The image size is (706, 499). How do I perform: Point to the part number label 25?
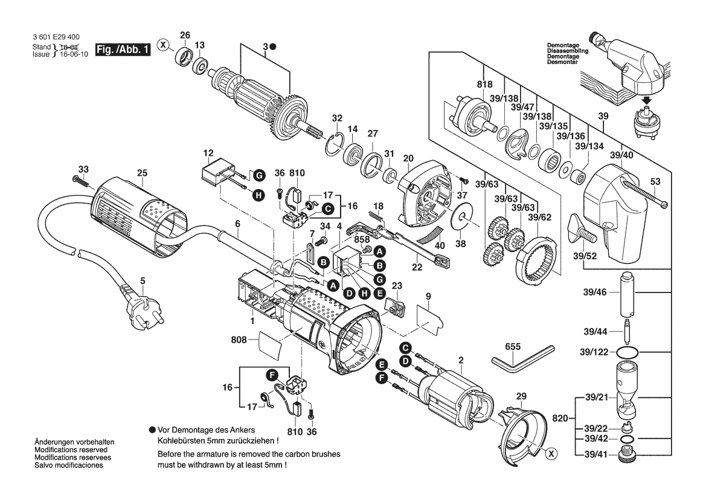(142, 173)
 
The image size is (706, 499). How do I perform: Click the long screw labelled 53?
(646, 195)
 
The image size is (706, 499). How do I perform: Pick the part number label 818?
(484, 84)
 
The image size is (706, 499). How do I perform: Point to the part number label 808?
(239, 340)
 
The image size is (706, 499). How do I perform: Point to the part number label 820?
(559, 417)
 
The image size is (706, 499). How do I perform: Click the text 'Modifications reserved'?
(71, 450)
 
